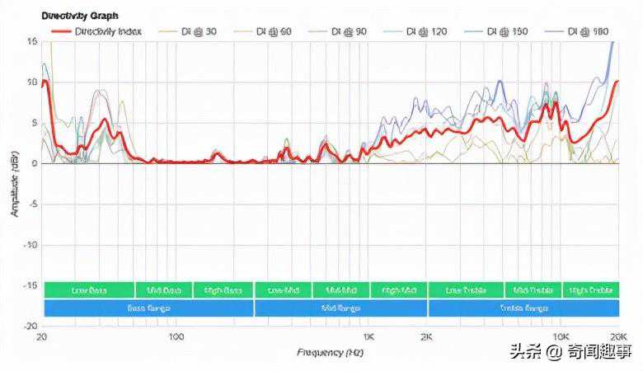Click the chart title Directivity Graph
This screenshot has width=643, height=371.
80,16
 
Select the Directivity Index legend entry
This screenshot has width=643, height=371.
107,31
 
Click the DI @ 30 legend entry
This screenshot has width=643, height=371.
199,31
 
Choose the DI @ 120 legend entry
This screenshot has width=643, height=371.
428,31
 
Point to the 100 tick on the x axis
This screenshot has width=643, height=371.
176,338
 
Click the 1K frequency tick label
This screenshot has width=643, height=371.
368,338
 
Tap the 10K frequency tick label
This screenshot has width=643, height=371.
561,338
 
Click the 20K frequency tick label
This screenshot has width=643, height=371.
617,338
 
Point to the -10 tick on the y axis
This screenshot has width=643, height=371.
31,245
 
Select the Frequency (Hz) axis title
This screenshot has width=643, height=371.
330,353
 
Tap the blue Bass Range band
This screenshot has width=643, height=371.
148,308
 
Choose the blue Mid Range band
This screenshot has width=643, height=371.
340,308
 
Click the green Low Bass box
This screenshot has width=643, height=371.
88,290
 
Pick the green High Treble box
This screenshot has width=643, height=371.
590,290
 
